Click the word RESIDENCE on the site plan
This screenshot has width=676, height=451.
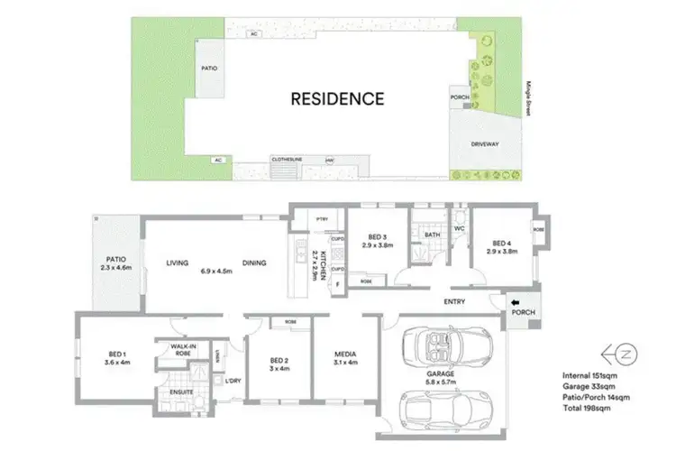click(336, 98)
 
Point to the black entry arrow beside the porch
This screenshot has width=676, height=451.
click(516, 302)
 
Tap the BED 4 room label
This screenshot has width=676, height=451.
click(502, 242)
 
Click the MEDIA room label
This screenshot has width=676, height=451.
click(345, 355)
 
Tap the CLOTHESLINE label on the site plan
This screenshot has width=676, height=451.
click(287, 160)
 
